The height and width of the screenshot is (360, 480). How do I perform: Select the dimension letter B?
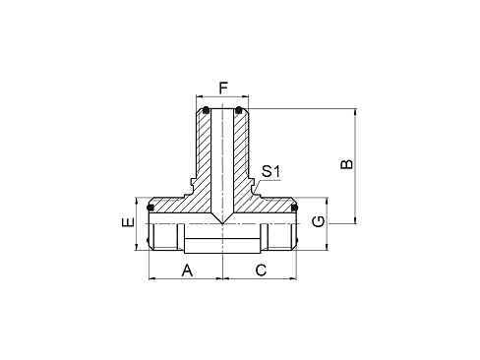pos(345,162)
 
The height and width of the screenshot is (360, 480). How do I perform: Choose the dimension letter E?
pos(126,224)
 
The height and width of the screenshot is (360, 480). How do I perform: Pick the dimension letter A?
pos(187,268)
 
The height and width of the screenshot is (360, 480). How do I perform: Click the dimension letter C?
pos(261,268)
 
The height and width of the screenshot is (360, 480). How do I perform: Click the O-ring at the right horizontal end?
pos(294,208)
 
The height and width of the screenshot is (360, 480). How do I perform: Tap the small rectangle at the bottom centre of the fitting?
pos(223,244)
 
